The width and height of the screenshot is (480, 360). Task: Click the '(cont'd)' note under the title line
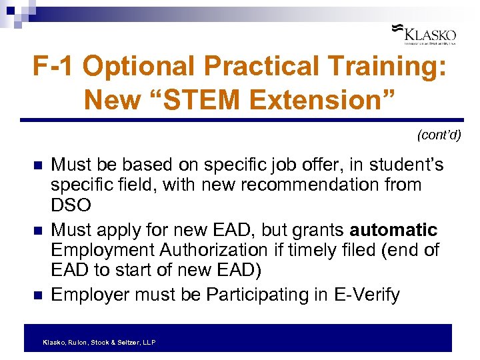click(x=439, y=135)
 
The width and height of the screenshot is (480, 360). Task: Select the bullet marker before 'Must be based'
click(x=37, y=165)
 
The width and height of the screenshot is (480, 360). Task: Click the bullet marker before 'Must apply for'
click(x=37, y=231)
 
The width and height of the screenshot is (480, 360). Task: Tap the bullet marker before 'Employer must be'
click(x=37, y=295)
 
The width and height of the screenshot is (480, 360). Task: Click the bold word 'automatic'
click(x=394, y=230)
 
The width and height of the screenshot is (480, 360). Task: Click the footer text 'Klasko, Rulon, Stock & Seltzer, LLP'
click(x=99, y=342)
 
